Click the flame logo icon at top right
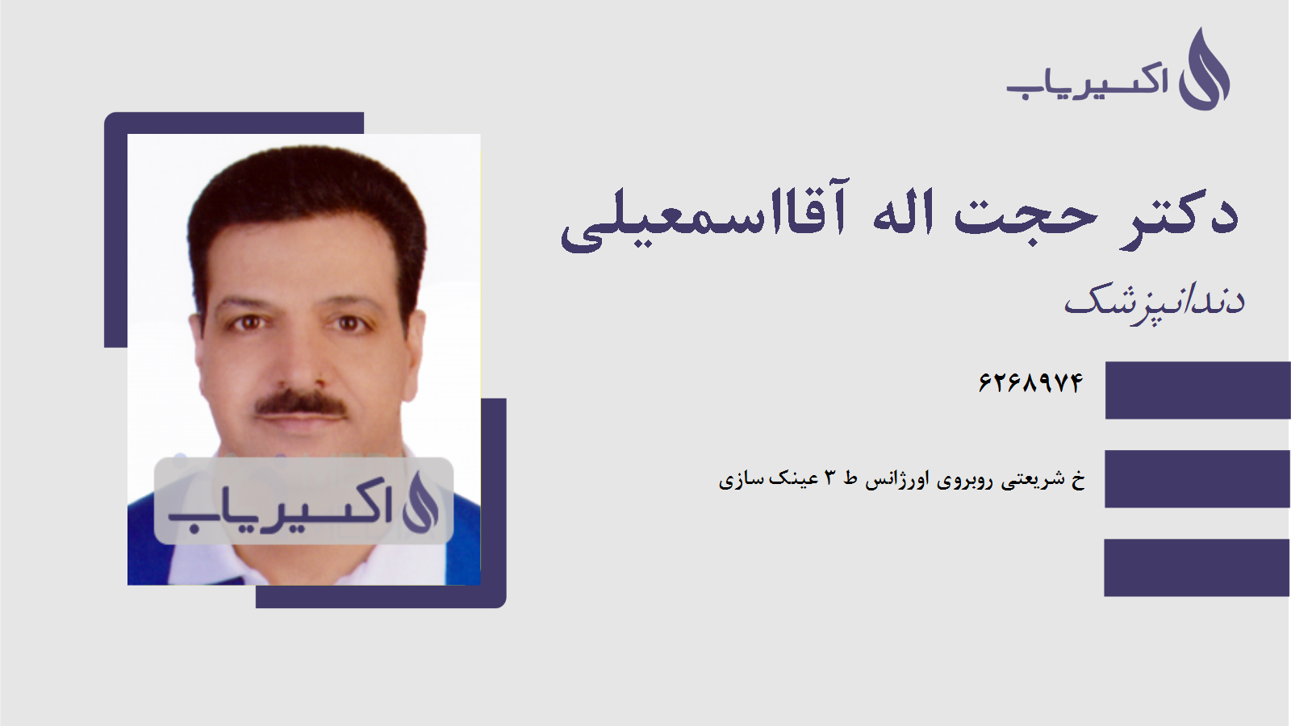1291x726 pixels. click(1204, 71)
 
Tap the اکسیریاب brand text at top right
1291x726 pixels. click(1087, 81)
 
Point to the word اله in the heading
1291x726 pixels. click(904, 214)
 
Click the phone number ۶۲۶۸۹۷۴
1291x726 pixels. click(1030, 382)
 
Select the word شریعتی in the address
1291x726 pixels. click(1033, 480)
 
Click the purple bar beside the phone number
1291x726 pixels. click(1197, 390)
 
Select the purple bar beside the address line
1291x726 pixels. click(1197, 479)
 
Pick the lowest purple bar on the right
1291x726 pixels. click(1197, 568)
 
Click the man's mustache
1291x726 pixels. click(301, 403)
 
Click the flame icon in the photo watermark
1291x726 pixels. click(420, 502)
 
